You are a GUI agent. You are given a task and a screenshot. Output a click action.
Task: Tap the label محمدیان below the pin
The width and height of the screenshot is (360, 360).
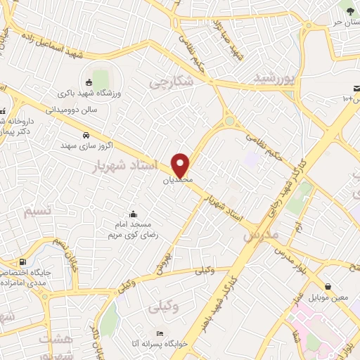click(176, 180)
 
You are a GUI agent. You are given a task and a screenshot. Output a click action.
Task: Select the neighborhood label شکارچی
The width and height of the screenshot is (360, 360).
click(170, 82)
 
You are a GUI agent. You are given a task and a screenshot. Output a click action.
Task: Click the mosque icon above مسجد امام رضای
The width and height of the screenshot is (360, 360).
click(134, 214)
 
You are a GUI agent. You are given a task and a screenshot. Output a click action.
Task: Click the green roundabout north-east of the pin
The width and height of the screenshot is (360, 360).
click(229, 122)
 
